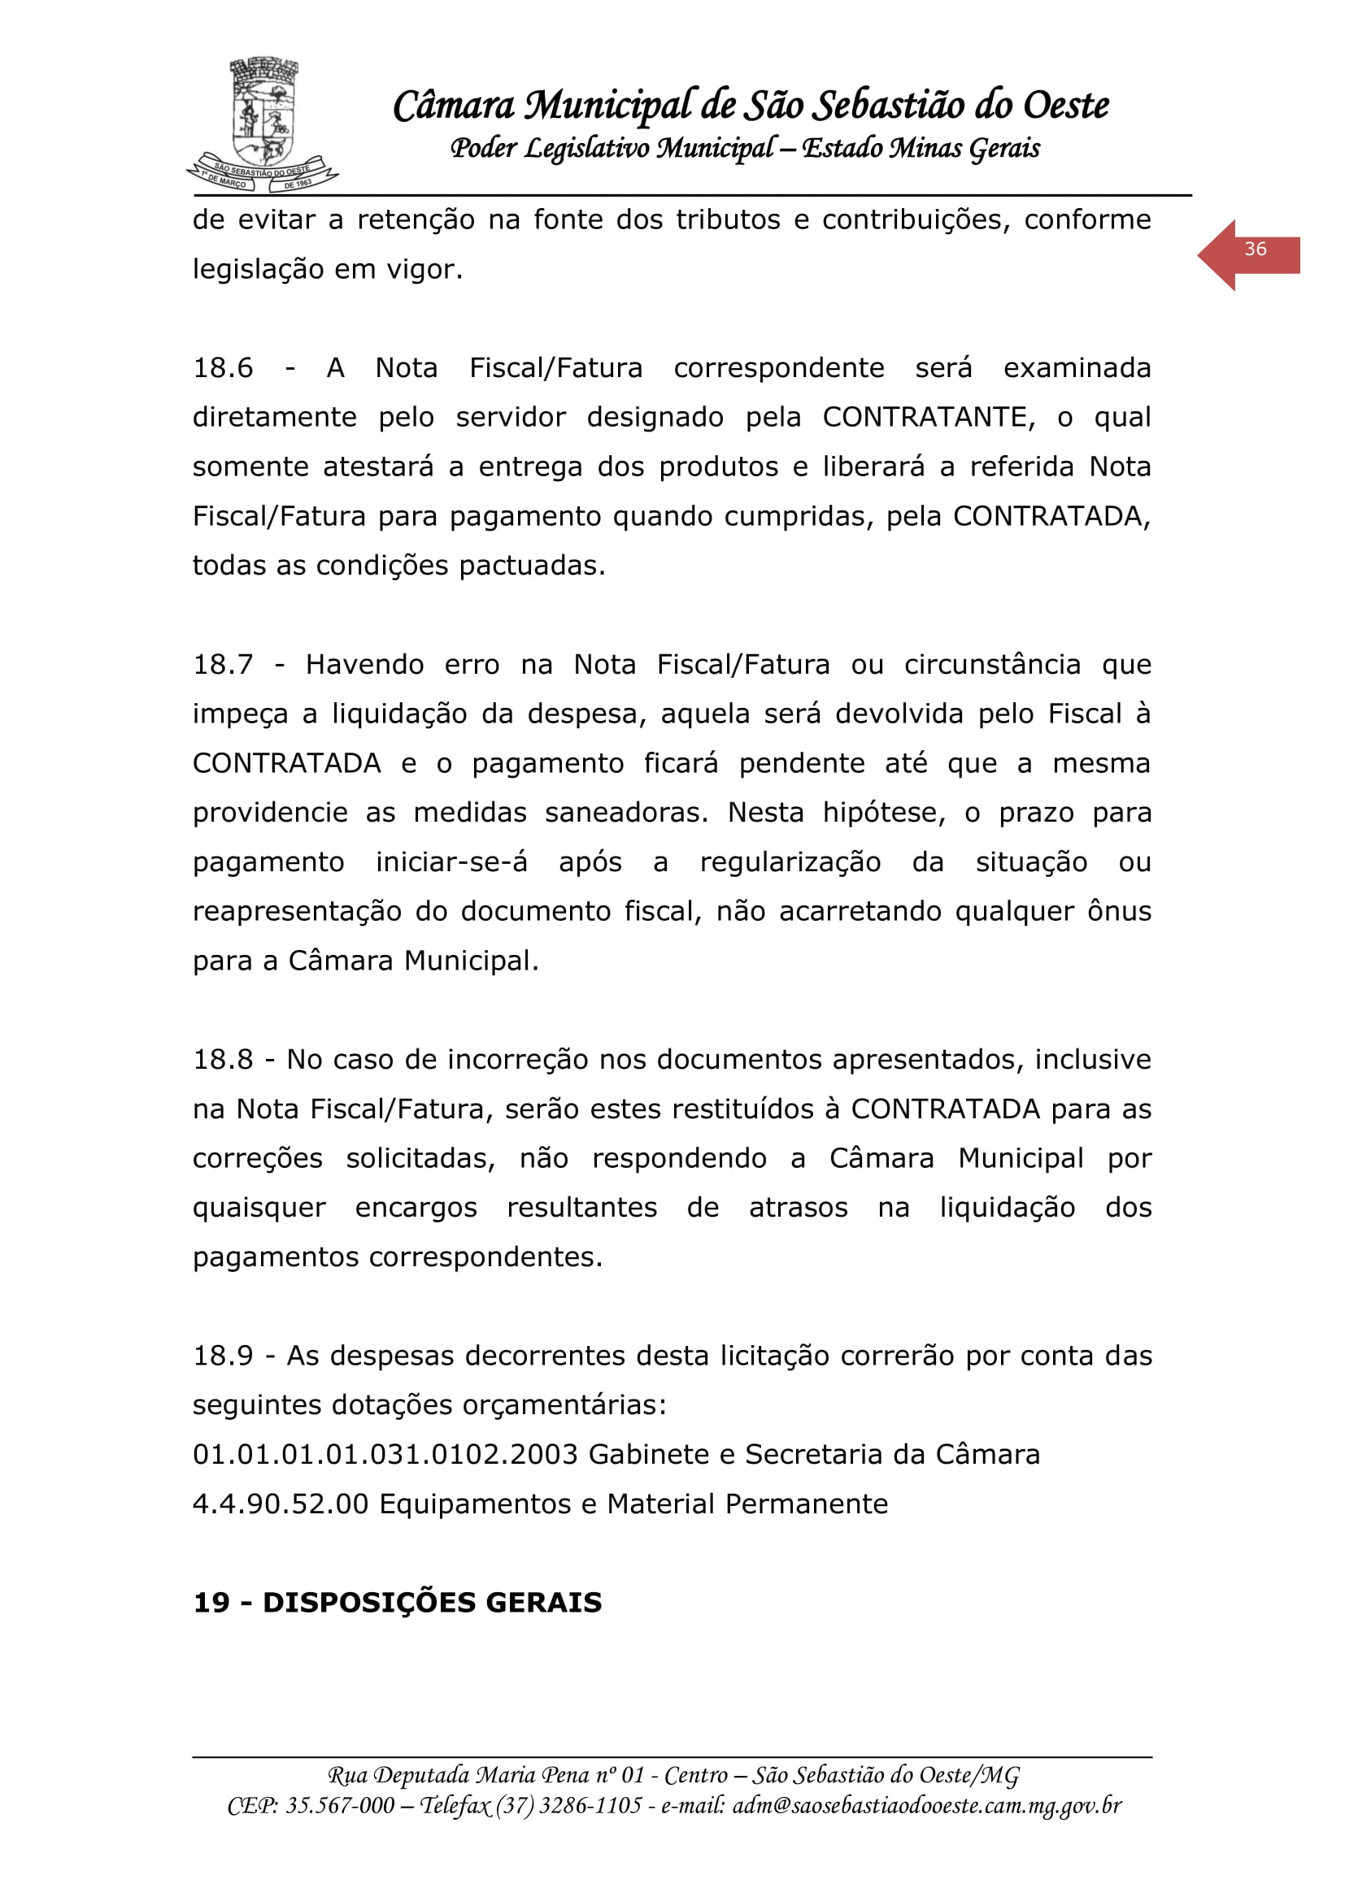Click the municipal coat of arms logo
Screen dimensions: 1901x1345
[x=263, y=124]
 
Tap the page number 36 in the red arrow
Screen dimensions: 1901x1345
[x=1255, y=250]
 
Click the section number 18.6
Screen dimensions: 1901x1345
[x=223, y=367]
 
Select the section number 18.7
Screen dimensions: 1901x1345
[x=223, y=664]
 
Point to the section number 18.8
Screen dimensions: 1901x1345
[x=223, y=1059]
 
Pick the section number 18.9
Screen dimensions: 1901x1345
[x=223, y=1356]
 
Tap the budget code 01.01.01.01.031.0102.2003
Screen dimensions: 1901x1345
[x=385, y=1454]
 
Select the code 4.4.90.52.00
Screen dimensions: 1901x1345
[x=280, y=1504]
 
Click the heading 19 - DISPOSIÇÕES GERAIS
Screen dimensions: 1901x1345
[x=397, y=1602]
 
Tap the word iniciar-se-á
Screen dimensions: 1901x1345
[x=451, y=862]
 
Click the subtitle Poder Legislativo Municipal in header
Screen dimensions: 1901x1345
[x=613, y=148]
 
